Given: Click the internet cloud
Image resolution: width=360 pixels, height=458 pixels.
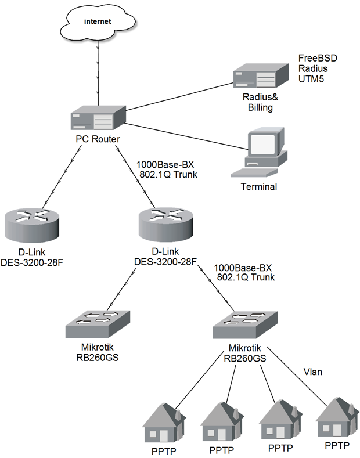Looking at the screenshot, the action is point(98,23).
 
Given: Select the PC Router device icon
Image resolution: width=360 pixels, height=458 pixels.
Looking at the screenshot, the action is point(98,117).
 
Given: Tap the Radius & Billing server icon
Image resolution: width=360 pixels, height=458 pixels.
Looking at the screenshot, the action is point(261,75).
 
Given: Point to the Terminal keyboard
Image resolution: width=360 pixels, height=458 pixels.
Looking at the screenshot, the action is point(254,172).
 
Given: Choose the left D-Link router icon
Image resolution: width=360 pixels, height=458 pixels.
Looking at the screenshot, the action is point(32,224).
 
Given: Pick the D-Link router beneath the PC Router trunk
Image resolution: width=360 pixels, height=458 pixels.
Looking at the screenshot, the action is point(165,224).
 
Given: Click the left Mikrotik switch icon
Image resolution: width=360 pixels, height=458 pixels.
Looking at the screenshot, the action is point(98,324).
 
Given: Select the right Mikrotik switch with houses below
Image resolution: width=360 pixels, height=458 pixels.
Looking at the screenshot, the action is point(245,325).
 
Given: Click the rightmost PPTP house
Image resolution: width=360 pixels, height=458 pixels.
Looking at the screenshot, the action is point(337,417).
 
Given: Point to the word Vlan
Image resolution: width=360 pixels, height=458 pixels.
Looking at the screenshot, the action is point(312,372).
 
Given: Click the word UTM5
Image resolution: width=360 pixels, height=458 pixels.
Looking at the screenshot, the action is point(311,79).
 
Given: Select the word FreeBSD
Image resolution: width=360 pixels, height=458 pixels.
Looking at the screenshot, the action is point(318,58).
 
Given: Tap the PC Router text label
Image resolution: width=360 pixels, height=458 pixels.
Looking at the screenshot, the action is point(98,139).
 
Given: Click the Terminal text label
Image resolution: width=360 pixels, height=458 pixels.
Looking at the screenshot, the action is point(259,187).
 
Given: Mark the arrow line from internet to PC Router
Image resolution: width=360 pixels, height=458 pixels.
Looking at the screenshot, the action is point(98,73).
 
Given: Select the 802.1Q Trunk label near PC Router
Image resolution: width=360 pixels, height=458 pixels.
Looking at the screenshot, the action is point(168,175).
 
